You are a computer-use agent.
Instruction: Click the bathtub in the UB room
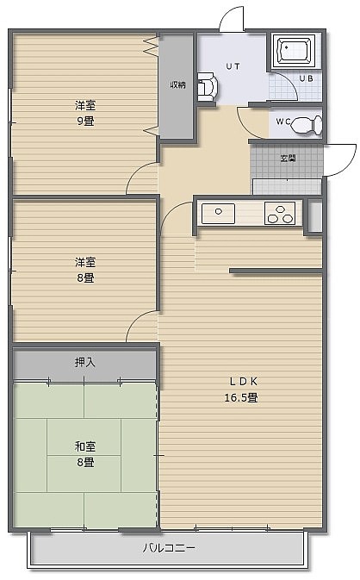(295, 51)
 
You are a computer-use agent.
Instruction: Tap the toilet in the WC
(307, 125)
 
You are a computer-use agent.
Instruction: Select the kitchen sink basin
(218, 214)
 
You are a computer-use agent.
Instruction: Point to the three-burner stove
(280, 213)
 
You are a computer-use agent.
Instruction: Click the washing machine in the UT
(208, 87)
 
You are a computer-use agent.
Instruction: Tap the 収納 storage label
(177, 84)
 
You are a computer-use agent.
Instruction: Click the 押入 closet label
(85, 362)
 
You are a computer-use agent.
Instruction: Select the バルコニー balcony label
(170, 547)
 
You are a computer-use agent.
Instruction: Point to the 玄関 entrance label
(288, 159)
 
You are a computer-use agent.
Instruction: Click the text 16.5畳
(241, 397)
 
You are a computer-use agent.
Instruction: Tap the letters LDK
(243, 382)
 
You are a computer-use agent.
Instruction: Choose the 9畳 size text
(85, 121)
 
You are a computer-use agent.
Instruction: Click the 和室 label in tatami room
(85, 446)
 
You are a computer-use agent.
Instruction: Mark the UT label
(233, 66)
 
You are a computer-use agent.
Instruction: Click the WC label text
(283, 122)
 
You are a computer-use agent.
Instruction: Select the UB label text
(306, 78)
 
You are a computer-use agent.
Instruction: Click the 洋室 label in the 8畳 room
(85, 262)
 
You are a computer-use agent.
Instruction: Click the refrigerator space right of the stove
(315, 216)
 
